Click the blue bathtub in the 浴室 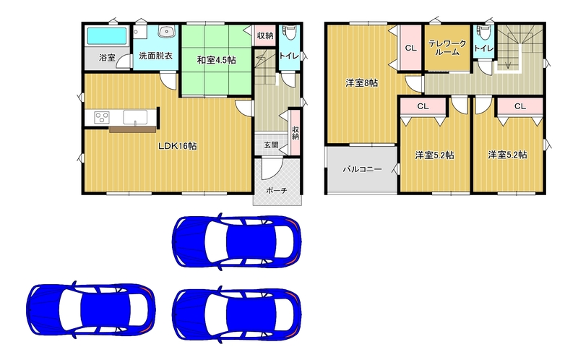[x=107, y=35]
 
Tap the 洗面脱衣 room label [x=155, y=56]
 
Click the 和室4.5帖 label [x=216, y=60]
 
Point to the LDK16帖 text [x=177, y=146]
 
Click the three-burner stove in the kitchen [x=102, y=118]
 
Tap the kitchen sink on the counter [x=135, y=117]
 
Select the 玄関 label [x=271, y=145]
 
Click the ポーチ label [x=276, y=191]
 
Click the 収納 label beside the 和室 [x=264, y=35]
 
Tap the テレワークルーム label [x=447, y=48]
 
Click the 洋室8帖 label [x=362, y=83]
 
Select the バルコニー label [x=363, y=170]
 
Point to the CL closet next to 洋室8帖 [x=410, y=48]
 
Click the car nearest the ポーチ [x=237, y=242]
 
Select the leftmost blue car [x=91, y=310]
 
